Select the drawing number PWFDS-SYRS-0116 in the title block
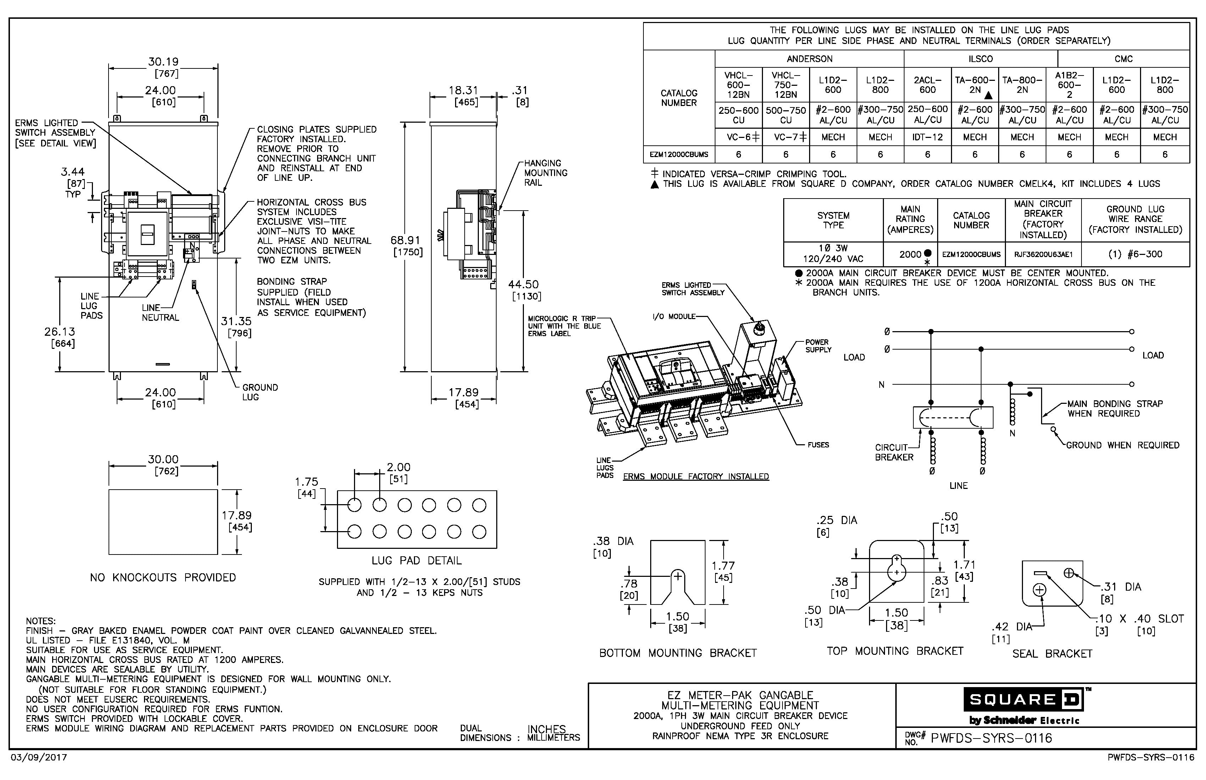pyautogui.click(x=991, y=738)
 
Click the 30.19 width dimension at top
pyautogui.click(x=163, y=62)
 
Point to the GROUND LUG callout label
pyautogui.click(x=259, y=392)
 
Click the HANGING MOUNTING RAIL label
pyautogui.click(x=545, y=173)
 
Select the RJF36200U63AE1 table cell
pyautogui.click(x=1043, y=254)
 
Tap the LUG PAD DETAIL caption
pyautogui.click(x=416, y=561)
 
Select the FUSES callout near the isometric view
pyautogui.click(x=818, y=445)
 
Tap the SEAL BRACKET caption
pyautogui.click(x=1052, y=654)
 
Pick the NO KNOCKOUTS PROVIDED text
pyautogui.click(x=163, y=578)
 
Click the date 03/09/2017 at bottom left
pyautogui.click(x=39, y=758)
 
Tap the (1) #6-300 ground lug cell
pyautogui.click(x=1135, y=254)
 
